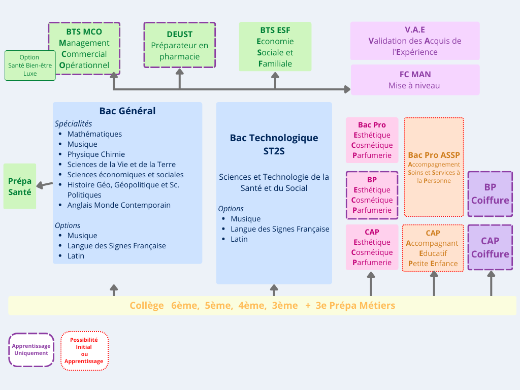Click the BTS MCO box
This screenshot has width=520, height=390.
[84, 48]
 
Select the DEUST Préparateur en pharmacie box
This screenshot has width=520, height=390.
[179, 45]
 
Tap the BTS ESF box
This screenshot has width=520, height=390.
[275, 47]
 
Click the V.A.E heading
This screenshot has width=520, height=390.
[415, 30]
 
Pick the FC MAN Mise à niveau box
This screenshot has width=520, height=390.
[415, 80]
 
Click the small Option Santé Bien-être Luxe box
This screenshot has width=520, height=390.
[30, 66]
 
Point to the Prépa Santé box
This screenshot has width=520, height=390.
[20, 186]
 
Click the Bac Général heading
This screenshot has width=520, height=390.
[127, 111]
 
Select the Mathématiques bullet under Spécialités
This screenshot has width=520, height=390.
[94, 134]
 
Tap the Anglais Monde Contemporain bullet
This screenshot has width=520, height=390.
[119, 205]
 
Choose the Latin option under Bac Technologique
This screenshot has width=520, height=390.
[239, 239]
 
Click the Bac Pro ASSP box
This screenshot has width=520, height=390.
[434, 167]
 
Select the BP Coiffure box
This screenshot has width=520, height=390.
[490, 194]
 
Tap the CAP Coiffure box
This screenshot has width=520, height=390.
[490, 248]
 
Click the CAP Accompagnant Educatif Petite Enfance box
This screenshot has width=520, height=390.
[433, 248]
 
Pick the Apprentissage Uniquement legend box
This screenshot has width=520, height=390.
[31, 349]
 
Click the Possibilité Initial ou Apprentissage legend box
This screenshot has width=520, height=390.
[84, 351]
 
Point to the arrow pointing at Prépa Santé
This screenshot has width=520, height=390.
[45, 184]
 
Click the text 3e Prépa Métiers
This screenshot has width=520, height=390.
[355, 306]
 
